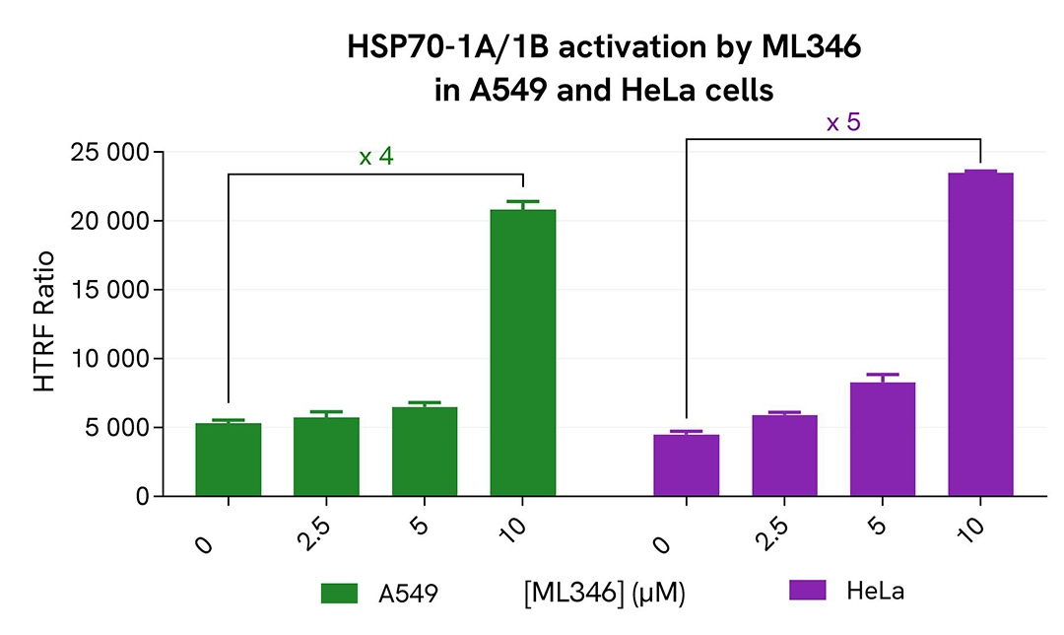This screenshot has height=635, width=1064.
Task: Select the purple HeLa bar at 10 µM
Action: point(980,334)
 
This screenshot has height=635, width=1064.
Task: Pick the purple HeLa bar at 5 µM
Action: point(883,439)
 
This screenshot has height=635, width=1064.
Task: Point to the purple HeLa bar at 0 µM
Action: point(687,464)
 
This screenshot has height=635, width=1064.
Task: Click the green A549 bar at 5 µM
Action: point(425,451)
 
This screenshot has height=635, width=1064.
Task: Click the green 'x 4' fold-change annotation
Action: point(376,157)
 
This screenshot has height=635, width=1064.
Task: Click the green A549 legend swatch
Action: point(338,593)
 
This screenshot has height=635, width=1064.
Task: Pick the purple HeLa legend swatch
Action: point(808,590)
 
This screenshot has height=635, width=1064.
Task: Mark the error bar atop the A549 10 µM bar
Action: point(522,203)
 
